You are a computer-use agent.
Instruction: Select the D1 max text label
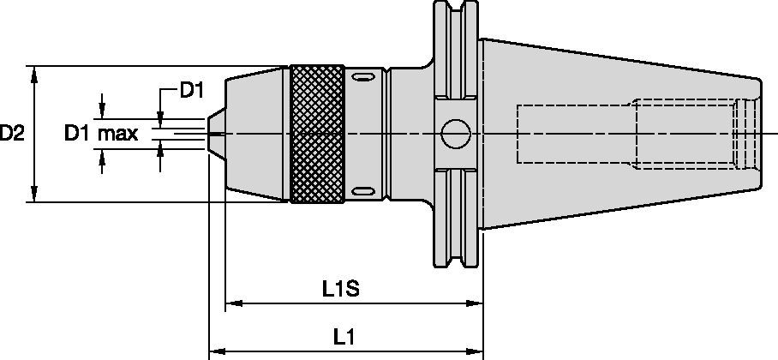click(102, 134)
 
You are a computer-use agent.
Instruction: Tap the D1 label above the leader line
click(189, 89)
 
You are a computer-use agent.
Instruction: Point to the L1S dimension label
click(339, 290)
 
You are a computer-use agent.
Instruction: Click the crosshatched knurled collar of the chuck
click(317, 134)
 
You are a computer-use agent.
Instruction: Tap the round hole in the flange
click(454, 134)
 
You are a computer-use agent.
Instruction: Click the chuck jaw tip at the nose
click(215, 134)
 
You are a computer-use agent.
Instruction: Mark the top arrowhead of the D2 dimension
click(34, 72)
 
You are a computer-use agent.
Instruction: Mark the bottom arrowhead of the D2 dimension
click(34, 195)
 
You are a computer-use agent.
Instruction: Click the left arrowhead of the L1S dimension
click(231, 303)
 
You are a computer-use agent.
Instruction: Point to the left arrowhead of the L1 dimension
click(217, 351)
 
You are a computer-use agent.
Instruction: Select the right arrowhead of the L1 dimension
click(477, 351)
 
